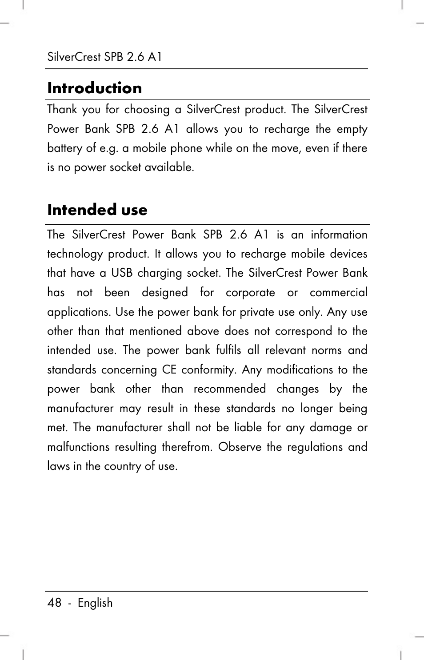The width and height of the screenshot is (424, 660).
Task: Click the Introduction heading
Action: [x=95, y=88]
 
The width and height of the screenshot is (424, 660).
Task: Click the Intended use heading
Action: [x=97, y=210]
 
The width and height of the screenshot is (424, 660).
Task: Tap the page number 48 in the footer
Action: [x=54, y=603]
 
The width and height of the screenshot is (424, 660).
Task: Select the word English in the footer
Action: [x=95, y=603]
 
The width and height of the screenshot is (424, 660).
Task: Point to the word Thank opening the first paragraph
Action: [x=62, y=109]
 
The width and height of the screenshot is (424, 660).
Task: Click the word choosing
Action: [x=147, y=110]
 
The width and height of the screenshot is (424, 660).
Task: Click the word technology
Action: [x=75, y=254]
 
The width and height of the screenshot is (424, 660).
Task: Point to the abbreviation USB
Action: [x=122, y=273]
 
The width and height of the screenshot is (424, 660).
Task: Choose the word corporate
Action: [x=250, y=293]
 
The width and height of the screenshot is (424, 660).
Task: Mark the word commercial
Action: [x=338, y=293]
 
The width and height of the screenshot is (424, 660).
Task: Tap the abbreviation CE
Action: [x=169, y=370]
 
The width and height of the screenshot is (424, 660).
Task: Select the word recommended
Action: [x=229, y=389]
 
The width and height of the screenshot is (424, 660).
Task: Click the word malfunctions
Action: [x=78, y=447]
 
